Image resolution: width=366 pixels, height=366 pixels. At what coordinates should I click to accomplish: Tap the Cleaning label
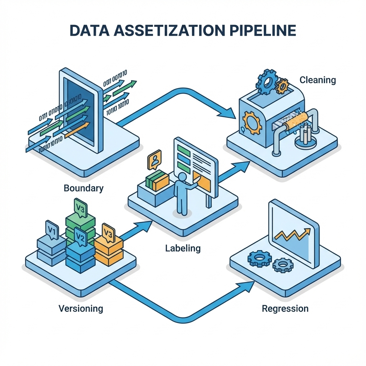click(x=318, y=80)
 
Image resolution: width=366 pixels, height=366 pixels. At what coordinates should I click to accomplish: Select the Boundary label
click(x=84, y=188)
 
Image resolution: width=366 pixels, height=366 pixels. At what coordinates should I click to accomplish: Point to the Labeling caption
click(x=183, y=248)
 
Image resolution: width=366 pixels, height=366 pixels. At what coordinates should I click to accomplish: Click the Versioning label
click(x=81, y=308)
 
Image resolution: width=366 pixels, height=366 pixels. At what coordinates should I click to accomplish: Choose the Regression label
click(x=285, y=308)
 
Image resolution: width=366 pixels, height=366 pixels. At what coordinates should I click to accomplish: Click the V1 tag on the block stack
click(x=51, y=231)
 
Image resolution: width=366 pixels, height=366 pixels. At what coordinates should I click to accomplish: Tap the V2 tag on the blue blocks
click(x=80, y=237)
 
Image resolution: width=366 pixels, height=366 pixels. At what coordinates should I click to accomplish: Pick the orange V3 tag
click(x=108, y=233)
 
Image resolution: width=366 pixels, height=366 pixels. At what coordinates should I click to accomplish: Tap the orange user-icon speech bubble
click(x=154, y=160)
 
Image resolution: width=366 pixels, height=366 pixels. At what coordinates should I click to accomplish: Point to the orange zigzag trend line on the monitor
click(x=293, y=234)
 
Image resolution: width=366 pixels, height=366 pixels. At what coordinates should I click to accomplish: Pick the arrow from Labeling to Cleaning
click(x=233, y=171)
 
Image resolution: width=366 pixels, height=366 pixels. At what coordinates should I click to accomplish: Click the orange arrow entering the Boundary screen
click(x=77, y=130)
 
